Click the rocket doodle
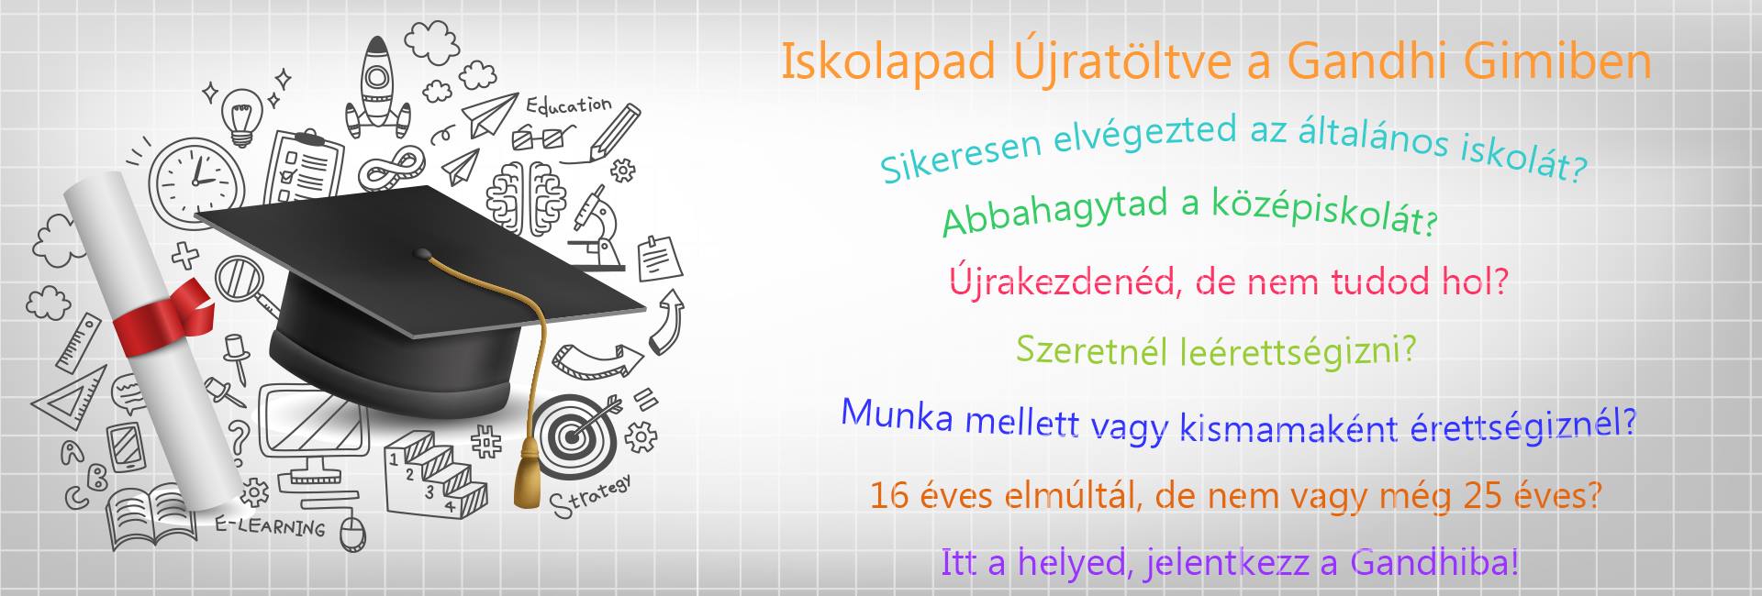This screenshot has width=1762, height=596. (377, 88)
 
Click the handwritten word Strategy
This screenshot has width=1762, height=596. (591, 496)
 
